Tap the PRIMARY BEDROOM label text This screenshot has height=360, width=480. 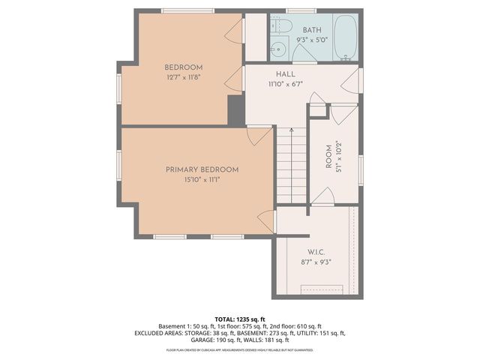click(202, 169)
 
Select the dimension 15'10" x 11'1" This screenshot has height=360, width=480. click(202, 179)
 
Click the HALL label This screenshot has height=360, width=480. click(285, 74)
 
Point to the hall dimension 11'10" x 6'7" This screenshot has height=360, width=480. click(285, 84)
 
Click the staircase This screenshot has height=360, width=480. click(291, 165)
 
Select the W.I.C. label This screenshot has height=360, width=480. click(314, 252)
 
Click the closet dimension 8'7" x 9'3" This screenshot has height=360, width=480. click(314, 262)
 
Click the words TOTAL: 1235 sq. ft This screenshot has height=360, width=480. click(239, 319)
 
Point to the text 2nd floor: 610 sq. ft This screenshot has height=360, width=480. click(295, 326)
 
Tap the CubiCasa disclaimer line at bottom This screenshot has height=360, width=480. click(239, 349)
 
